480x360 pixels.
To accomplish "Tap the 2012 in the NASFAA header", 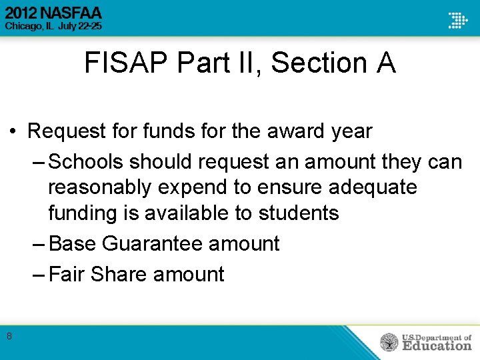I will pyautogui.click(x=24, y=13).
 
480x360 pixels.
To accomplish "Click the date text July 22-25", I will pyautogui.click(x=81, y=26).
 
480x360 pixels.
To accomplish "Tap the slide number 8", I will pyautogui.click(x=9, y=337).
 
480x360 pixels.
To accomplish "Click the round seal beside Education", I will pyautogui.click(x=389, y=342).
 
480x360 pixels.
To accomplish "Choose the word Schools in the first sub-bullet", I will pyautogui.click(x=86, y=162).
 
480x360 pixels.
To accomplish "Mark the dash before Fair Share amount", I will pyautogui.click(x=39, y=274).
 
